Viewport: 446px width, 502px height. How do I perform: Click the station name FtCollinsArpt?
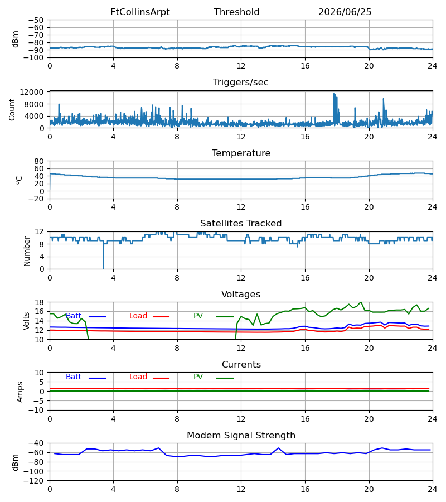[140, 12]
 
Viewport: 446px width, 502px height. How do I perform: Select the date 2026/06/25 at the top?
[345, 12]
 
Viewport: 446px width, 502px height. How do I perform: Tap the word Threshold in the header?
[236, 12]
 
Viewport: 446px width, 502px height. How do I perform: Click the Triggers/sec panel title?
[241, 83]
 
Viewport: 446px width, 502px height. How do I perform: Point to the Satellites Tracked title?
[241, 223]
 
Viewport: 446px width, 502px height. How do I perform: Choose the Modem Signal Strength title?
[241, 436]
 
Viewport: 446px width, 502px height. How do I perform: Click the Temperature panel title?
[241, 153]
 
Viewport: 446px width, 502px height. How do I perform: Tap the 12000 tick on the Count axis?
[32, 92]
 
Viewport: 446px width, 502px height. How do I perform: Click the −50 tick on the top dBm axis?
[36, 20]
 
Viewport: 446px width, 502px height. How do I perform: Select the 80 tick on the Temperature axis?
[39, 161]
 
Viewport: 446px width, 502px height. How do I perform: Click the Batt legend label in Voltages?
[74, 316]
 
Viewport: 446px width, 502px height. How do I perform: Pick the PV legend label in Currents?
[198, 377]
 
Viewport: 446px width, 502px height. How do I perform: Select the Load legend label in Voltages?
[138, 316]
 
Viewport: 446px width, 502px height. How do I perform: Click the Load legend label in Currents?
[138, 377]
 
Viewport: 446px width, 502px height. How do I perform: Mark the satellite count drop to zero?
[103, 256]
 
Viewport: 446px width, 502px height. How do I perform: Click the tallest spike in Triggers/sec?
[334, 94]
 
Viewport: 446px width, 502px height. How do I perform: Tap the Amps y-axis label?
[20, 392]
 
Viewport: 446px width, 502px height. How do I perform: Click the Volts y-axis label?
[26, 321]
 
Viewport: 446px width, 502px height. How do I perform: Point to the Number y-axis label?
[27, 252]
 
